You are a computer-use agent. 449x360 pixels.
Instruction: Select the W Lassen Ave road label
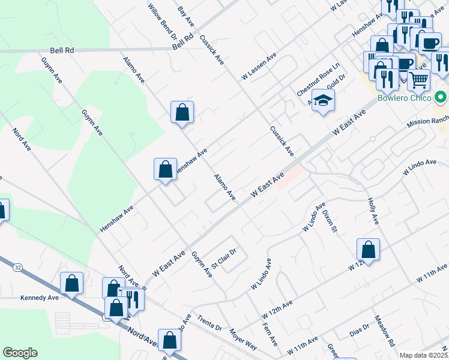point(259,66)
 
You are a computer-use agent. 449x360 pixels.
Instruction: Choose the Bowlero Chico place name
point(405,97)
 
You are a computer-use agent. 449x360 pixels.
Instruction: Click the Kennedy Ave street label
point(40,297)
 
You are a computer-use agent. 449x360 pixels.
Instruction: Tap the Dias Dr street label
point(362,332)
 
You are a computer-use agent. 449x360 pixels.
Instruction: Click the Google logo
point(20,353)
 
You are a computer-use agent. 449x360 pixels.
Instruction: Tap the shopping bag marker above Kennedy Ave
point(71,284)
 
